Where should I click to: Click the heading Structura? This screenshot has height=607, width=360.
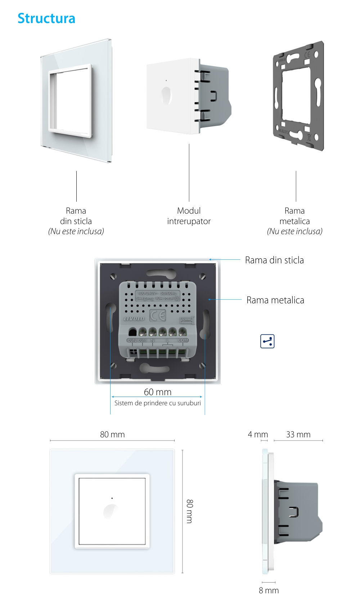click(x=46, y=18)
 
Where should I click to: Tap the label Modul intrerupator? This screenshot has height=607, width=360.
click(x=189, y=216)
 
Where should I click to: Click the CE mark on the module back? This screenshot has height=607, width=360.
click(x=158, y=316)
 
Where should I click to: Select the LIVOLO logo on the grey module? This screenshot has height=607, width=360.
click(x=134, y=319)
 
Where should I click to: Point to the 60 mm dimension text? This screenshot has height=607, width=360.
click(x=158, y=392)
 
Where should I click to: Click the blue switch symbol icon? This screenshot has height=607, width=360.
click(x=267, y=341)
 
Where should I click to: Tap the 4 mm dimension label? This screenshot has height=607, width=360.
click(x=258, y=434)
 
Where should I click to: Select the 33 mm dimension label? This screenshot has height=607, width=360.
click(x=298, y=434)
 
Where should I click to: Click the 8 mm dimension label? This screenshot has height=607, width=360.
click(x=269, y=590)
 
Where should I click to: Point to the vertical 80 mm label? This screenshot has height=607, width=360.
click(x=190, y=511)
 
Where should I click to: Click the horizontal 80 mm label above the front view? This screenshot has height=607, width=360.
click(x=112, y=434)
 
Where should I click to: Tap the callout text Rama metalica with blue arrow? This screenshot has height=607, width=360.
click(x=275, y=300)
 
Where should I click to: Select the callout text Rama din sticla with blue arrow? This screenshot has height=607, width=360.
click(x=274, y=260)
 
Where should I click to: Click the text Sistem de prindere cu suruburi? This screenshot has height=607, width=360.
click(x=158, y=403)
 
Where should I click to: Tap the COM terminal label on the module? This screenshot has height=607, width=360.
click(x=183, y=340)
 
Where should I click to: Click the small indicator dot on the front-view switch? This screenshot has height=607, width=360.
click(x=112, y=498)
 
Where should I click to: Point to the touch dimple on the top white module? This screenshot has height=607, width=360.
click(x=166, y=95)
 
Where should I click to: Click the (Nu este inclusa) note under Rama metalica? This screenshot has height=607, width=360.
click(x=294, y=231)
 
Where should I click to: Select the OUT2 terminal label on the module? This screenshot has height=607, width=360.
click(x=132, y=340)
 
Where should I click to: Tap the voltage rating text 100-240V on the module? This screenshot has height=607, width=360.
click(x=147, y=293)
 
